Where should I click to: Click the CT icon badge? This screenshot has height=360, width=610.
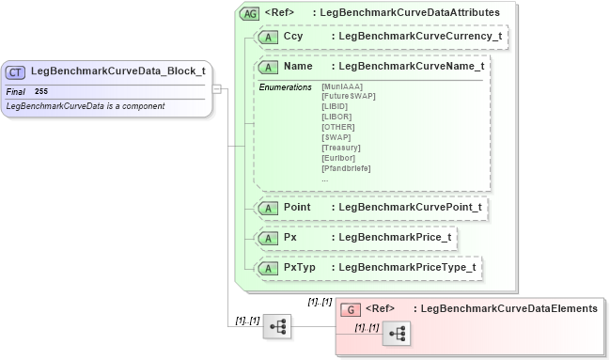(x=16, y=71)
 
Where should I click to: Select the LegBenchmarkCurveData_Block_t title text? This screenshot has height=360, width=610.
(x=117, y=71)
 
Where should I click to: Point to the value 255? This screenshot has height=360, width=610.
(x=41, y=91)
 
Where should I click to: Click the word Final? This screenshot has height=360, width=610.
(x=15, y=91)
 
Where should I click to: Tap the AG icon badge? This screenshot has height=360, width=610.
(x=250, y=13)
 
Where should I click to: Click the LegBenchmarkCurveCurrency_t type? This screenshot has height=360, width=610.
(x=419, y=38)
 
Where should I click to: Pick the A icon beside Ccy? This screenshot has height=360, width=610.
(x=268, y=38)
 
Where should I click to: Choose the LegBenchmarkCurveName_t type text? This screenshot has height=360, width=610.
(x=411, y=68)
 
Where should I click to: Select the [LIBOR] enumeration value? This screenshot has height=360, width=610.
(x=336, y=117)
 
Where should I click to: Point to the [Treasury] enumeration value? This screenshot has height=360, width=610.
(x=340, y=148)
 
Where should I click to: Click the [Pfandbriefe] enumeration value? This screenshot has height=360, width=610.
(x=345, y=168)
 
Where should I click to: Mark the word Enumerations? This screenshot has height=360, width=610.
(x=285, y=87)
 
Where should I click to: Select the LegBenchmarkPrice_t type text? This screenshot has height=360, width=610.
(x=395, y=237)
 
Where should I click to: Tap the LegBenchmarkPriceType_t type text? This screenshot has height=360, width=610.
(x=407, y=268)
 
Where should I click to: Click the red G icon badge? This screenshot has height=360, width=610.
(x=350, y=309)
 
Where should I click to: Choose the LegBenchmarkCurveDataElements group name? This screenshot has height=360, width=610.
(x=508, y=308)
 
